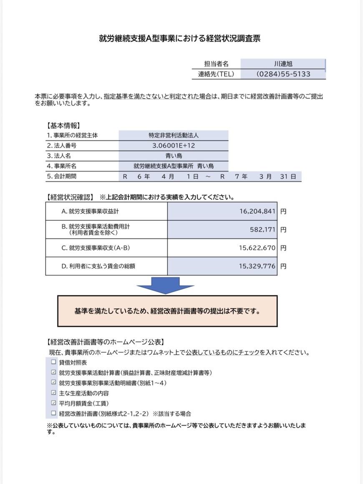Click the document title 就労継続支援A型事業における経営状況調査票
point(179,38)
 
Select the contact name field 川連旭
point(283,64)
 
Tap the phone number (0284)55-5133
point(283,74)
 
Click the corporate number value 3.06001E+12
point(174,146)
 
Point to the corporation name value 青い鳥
point(174,156)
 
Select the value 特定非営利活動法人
point(174,136)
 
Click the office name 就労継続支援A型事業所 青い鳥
point(174,166)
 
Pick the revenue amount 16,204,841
point(257,212)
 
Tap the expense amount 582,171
point(262,229)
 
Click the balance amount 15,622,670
point(257,248)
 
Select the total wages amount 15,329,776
point(257,266)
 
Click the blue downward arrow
point(166,286)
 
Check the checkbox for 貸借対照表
point(53,362)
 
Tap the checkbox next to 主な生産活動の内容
point(53,393)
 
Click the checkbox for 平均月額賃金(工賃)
point(53,403)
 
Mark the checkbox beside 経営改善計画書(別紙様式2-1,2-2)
point(53,413)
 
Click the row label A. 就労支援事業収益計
point(90,212)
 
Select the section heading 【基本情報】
point(63,125)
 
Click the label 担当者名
point(216,64)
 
